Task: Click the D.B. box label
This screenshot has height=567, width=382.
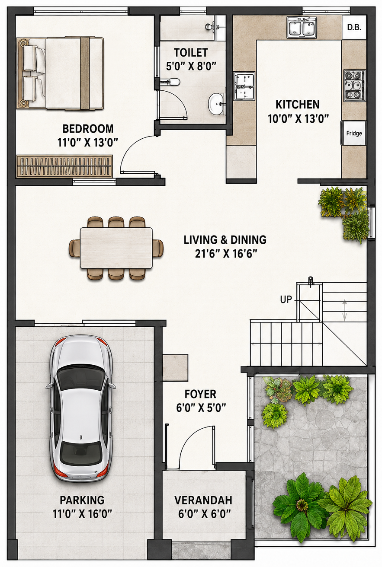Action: pos(354,27)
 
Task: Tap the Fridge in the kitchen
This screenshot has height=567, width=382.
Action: pos(353,133)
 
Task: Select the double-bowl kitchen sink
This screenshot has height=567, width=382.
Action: pos(302,28)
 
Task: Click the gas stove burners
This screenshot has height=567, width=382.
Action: pos(354,86)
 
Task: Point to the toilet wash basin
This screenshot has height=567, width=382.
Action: pos(216,104)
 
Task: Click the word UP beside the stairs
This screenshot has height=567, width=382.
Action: pos(286,299)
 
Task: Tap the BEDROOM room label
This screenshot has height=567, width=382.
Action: pos(88,129)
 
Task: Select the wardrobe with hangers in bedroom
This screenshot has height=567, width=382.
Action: pos(64,166)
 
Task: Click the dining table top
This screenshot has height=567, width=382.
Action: pos(116,248)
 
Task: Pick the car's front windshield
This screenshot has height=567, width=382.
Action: pos(80,379)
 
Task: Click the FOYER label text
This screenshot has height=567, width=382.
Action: pos(200,394)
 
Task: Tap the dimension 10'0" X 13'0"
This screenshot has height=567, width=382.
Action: pos(298,118)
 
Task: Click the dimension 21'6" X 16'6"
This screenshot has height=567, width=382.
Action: pos(226,253)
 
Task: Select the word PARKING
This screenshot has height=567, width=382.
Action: pos(82,500)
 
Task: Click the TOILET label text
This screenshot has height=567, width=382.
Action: pos(191,53)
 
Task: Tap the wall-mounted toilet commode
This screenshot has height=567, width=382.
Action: pos(170,82)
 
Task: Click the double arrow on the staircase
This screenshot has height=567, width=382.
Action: pos(344,310)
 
